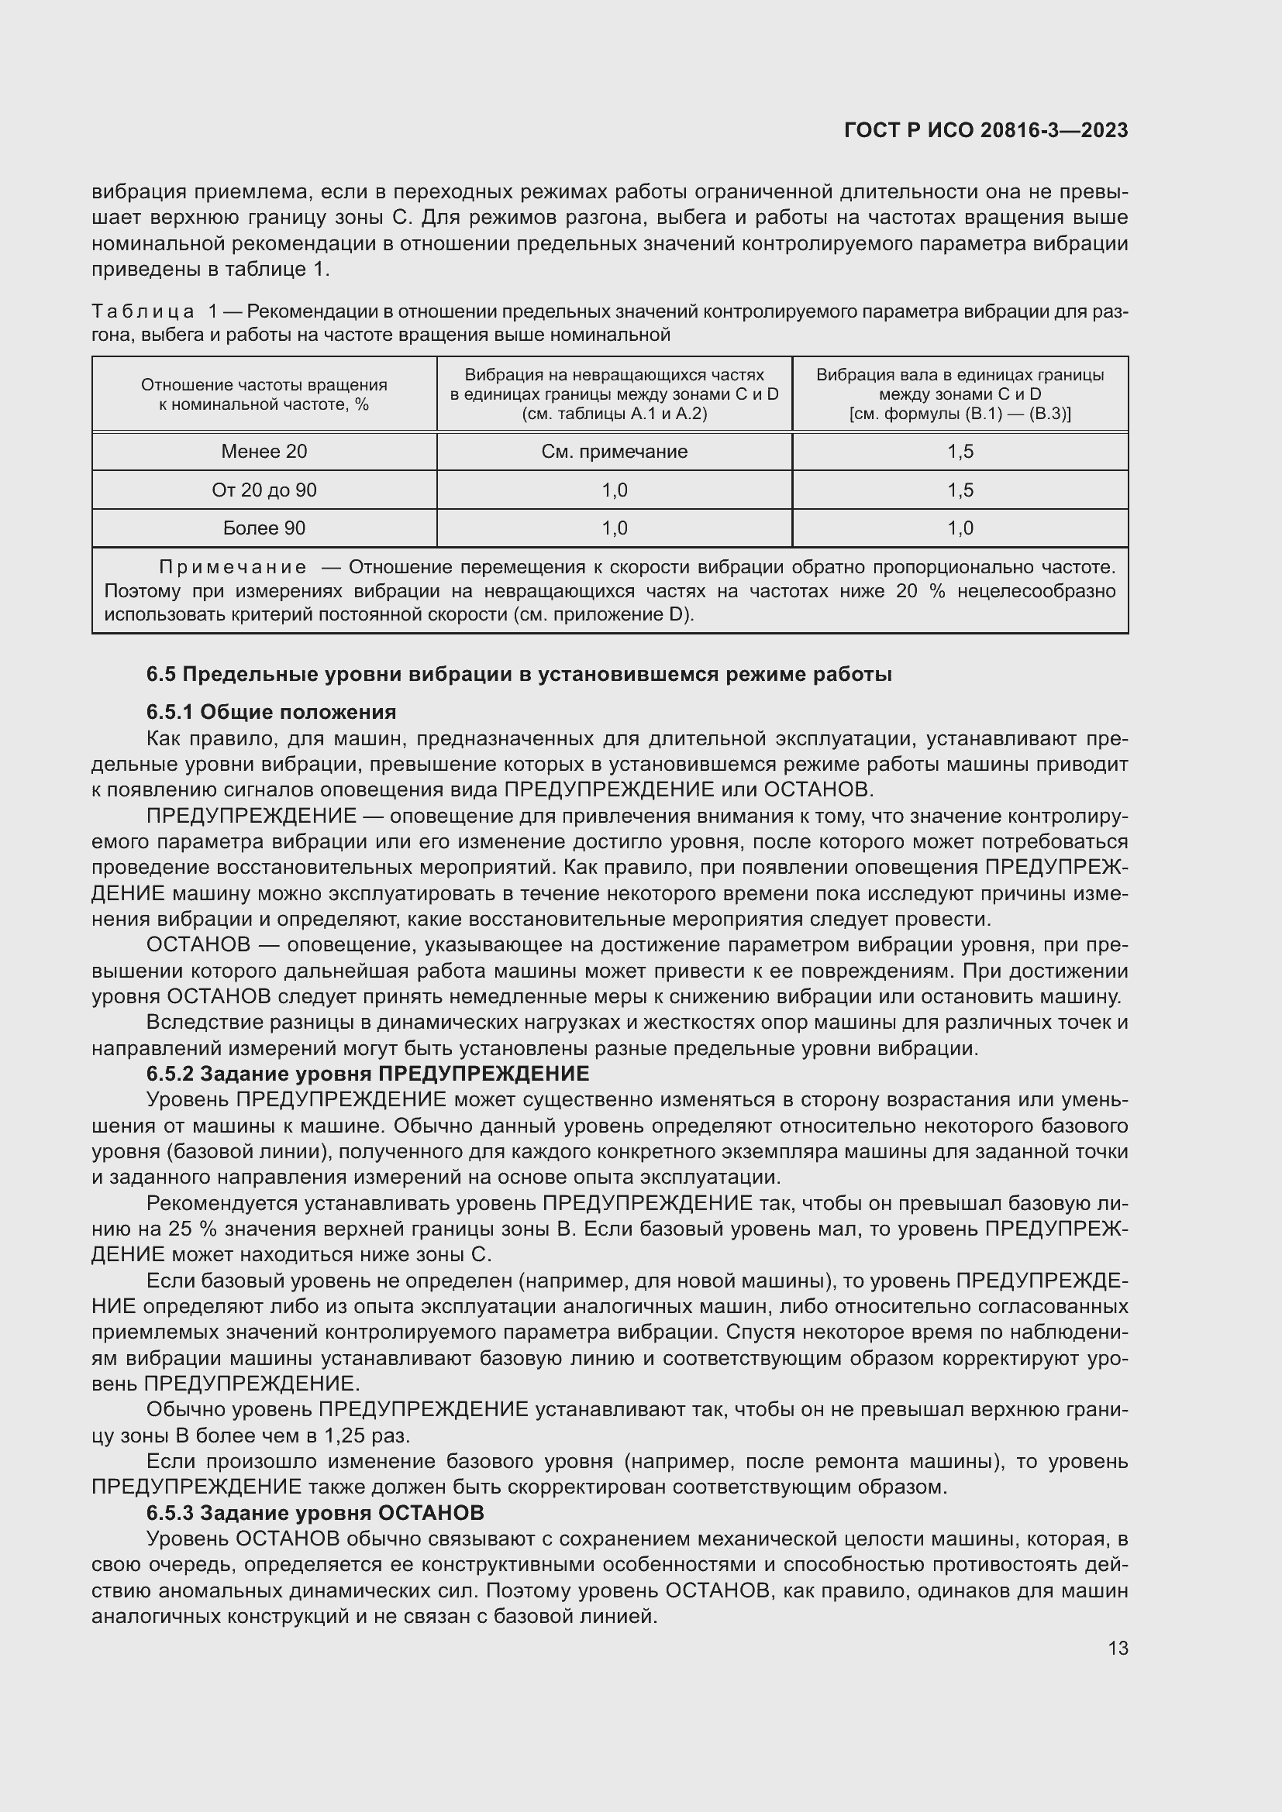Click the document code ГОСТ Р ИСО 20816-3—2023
(985, 130)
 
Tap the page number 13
(1118, 1648)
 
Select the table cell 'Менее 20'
(264, 452)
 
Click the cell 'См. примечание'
(614, 452)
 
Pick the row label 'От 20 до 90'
(264, 490)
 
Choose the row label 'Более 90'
(264, 528)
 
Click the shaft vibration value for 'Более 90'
(960, 528)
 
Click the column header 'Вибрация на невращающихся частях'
(614, 375)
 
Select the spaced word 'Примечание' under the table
(233, 567)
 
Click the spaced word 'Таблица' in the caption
(143, 311)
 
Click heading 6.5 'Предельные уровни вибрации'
(519, 675)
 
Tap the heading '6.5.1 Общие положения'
(271, 712)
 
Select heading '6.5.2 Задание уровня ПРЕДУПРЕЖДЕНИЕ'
(367, 1073)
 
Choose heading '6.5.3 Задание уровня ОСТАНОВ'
(314, 1513)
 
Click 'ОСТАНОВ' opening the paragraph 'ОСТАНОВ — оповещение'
(198, 944)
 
